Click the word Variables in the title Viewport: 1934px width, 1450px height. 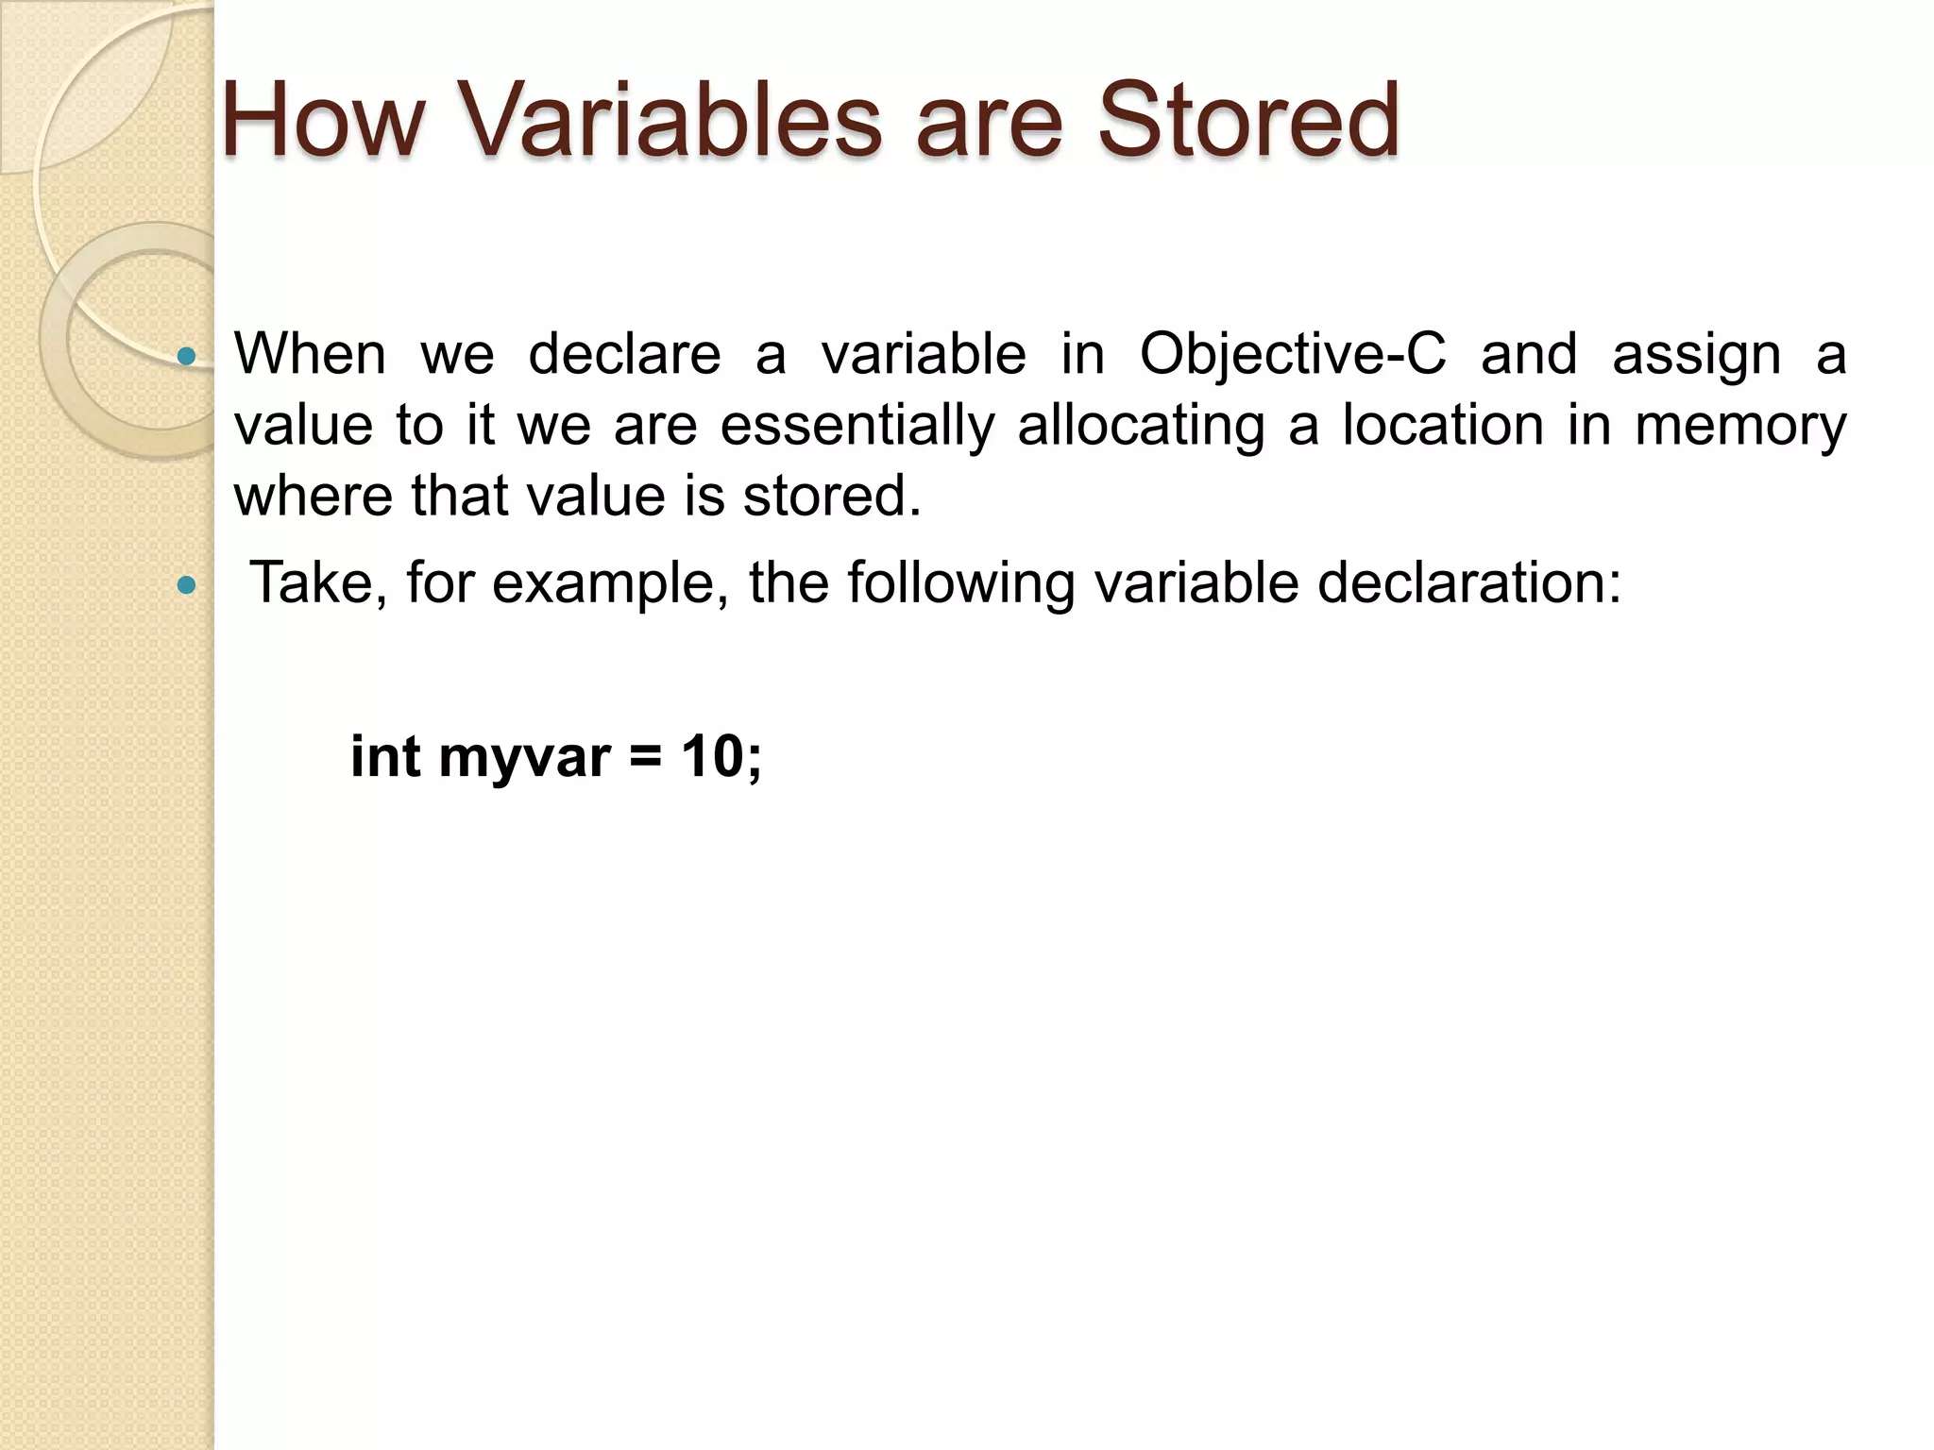670,121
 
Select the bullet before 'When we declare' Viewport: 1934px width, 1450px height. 187,356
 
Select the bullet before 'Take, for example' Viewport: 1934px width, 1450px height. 187,585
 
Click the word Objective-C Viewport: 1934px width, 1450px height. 1292,356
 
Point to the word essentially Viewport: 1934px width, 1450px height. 857,427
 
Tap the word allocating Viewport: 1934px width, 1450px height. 1141,427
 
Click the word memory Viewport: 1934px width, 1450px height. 1739,427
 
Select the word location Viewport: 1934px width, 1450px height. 1443,427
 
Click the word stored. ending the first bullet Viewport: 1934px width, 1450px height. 831,497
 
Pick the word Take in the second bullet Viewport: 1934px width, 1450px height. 312,583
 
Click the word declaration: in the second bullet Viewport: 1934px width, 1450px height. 1468,583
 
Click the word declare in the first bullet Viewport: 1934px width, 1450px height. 624,356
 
